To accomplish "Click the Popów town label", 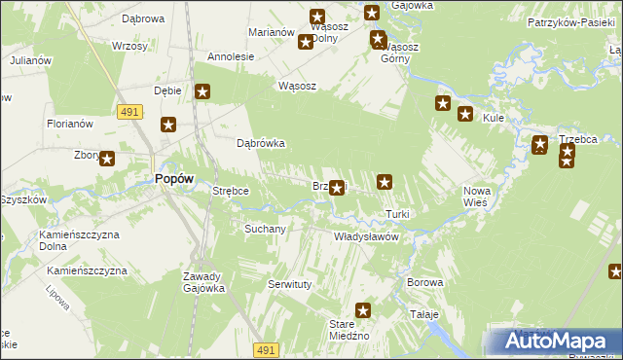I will [x=174, y=179].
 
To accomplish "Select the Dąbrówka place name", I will [x=261, y=143].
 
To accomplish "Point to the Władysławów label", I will [x=367, y=236].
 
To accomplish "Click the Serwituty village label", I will [x=288, y=284].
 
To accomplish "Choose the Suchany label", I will [x=264, y=230].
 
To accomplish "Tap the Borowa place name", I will [x=425, y=282].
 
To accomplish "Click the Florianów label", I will [x=69, y=124].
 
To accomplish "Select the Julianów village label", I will [x=30, y=60].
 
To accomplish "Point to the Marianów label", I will [x=272, y=32].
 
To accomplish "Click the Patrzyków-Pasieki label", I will [x=568, y=21].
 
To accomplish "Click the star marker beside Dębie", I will [x=202, y=92].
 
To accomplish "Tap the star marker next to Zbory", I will [x=107, y=159].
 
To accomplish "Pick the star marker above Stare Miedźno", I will [x=364, y=310].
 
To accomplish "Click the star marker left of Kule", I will [x=464, y=113].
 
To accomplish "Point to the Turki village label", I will [x=397, y=214].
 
